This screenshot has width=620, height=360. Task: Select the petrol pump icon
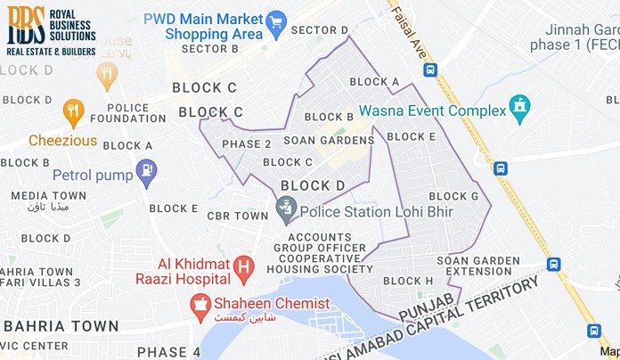[147, 168]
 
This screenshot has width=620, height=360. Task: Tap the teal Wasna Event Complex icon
[519, 110]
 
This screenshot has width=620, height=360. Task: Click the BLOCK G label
[453, 196]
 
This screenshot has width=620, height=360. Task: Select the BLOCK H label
[408, 281]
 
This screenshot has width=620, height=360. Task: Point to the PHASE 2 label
[247, 143]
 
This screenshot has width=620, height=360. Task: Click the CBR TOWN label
[237, 216]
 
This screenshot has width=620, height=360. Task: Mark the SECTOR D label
[319, 30]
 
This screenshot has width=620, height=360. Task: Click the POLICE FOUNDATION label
[141, 112]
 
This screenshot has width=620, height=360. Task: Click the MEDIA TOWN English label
[48, 195]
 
